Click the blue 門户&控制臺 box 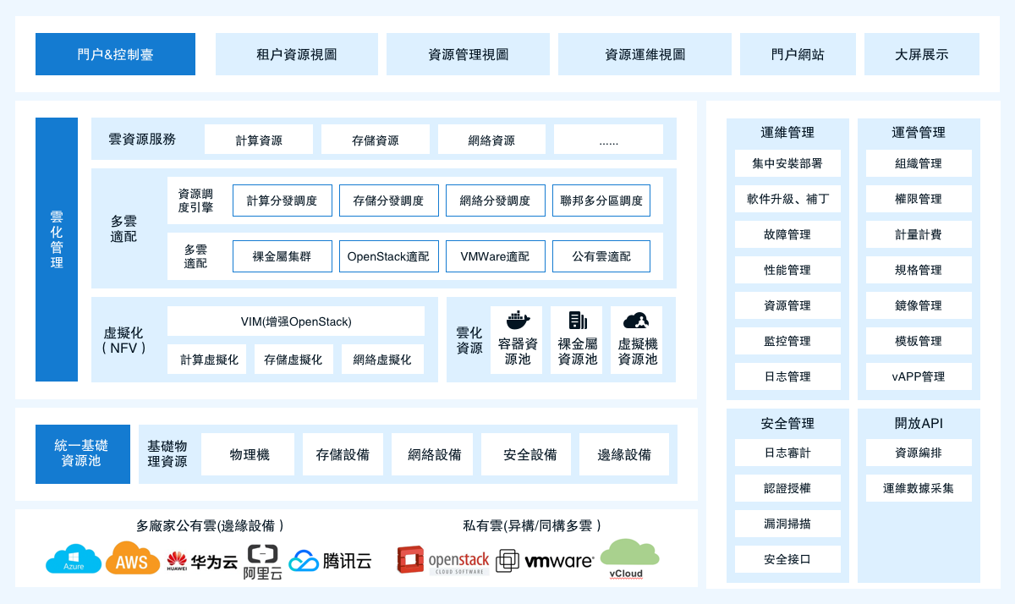pyautogui.click(x=115, y=54)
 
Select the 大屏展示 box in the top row pyautogui.click(x=921, y=54)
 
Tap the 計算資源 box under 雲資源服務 pyautogui.click(x=259, y=140)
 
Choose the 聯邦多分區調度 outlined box pyautogui.click(x=601, y=200)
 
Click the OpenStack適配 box pyautogui.click(x=388, y=256)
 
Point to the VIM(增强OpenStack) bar pyautogui.click(x=296, y=321)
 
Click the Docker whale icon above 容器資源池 pyautogui.click(x=518, y=320)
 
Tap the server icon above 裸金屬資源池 pyautogui.click(x=578, y=320)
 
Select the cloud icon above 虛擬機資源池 pyautogui.click(x=636, y=320)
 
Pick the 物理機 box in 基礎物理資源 pyautogui.click(x=249, y=454)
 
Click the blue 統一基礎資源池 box pyautogui.click(x=82, y=453)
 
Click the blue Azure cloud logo pyautogui.click(x=74, y=560)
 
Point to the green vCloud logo pyautogui.click(x=628, y=558)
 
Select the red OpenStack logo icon pyautogui.click(x=410, y=560)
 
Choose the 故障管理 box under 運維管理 pyautogui.click(x=787, y=234)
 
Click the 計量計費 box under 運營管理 pyautogui.click(x=919, y=234)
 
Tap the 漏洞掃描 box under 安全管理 pyautogui.click(x=787, y=524)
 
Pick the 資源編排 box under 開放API pyautogui.click(x=919, y=453)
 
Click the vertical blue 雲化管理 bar pyautogui.click(x=57, y=250)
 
